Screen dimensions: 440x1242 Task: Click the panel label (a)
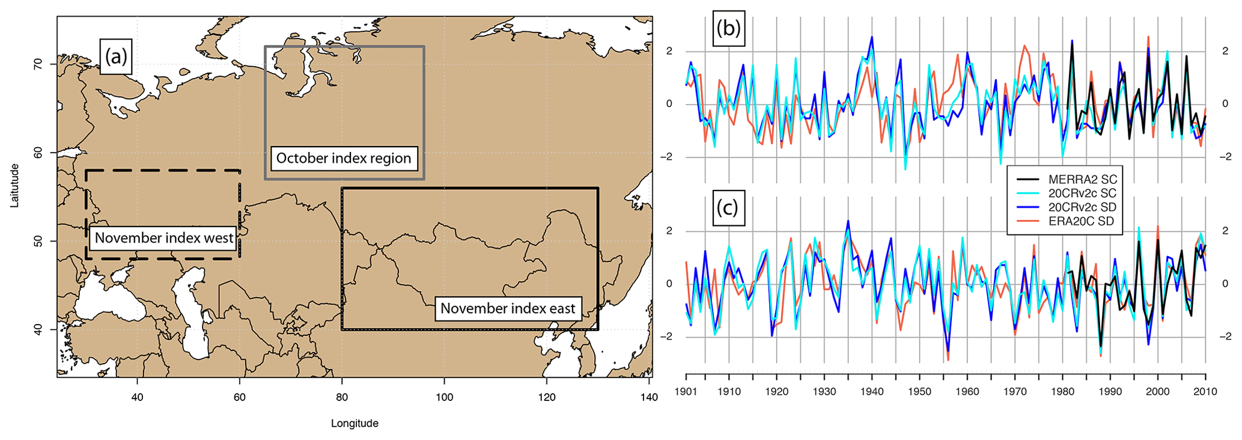point(116,57)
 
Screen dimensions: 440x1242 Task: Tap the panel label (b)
point(728,28)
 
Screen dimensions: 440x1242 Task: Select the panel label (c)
point(728,208)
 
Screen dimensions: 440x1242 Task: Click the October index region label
point(344,158)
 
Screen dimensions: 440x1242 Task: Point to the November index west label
point(164,238)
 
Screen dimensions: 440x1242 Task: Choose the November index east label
point(508,308)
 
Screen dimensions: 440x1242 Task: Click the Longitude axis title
point(355,423)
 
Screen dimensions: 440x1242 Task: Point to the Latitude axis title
point(15,186)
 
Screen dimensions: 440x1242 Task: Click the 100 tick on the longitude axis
point(444,397)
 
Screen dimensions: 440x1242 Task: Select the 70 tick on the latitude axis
point(37,64)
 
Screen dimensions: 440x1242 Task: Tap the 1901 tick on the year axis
point(686,391)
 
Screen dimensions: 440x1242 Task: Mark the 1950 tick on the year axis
point(919,391)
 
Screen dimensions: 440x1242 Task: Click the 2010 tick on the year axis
point(1205,391)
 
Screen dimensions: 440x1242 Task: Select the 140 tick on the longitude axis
point(649,397)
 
